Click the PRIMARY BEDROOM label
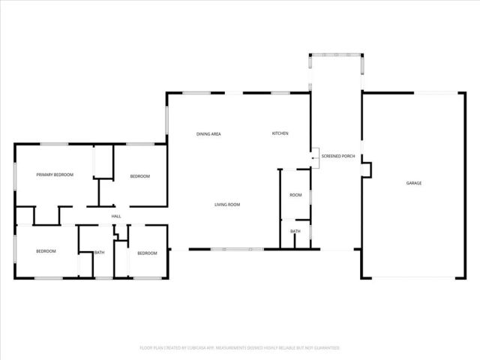[x=55, y=175]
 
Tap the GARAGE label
[x=413, y=183]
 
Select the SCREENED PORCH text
[x=337, y=157]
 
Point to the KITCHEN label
[x=280, y=133]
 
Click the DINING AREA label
[x=208, y=133]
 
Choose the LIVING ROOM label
[x=227, y=204]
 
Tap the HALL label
[x=116, y=217]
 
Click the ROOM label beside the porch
[x=295, y=195]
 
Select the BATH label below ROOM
[x=295, y=231]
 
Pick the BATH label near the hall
[x=99, y=252]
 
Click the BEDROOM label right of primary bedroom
[x=140, y=176]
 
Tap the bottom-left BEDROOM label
[x=46, y=251]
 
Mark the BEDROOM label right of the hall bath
[x=147, y=253]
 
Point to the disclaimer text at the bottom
[x=240, y=348]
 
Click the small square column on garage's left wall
[x=365, y=171]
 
